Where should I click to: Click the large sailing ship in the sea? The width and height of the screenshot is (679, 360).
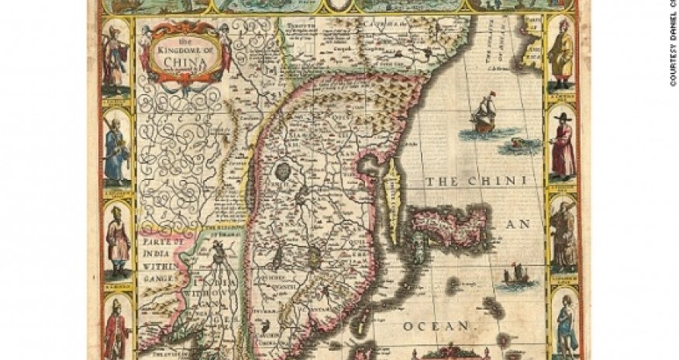(484, 113)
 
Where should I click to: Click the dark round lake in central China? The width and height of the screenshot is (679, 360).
(283, 170)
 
